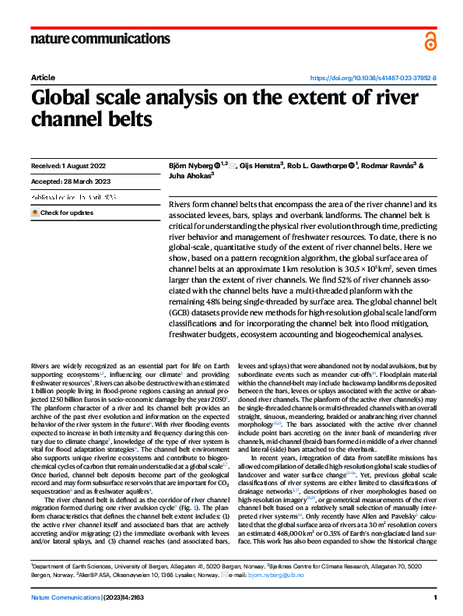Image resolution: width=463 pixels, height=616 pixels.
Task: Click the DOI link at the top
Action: (374, 79)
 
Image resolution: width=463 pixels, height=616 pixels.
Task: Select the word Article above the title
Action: (42, 79)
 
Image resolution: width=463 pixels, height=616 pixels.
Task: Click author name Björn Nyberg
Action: (191, 166)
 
